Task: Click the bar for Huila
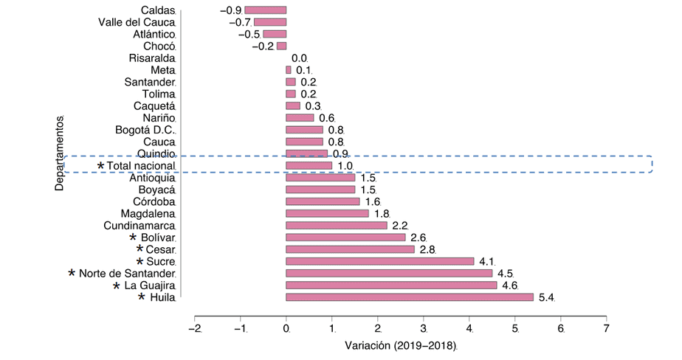coord(409,297)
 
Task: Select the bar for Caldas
coord(265,10)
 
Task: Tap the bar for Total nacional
coord(309,166)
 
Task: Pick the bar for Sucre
coord(379,261)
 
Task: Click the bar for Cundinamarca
coord(336,226)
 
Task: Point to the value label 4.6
coord(509,285)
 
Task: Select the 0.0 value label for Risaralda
coord(299,58)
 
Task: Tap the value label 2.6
coord(418,238)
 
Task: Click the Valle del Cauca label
coord(137,22)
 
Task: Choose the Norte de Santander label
coord(127,274)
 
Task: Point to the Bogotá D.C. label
coord(145,130)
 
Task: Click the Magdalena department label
coord(148,214)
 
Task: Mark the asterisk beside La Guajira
coord(117,285)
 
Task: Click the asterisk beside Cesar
coord(140,249)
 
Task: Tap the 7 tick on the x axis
coord(607,328)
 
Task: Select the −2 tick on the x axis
coord(194,328)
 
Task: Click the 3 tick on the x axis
coord(424,328)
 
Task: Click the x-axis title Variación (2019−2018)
coord(401,346)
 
